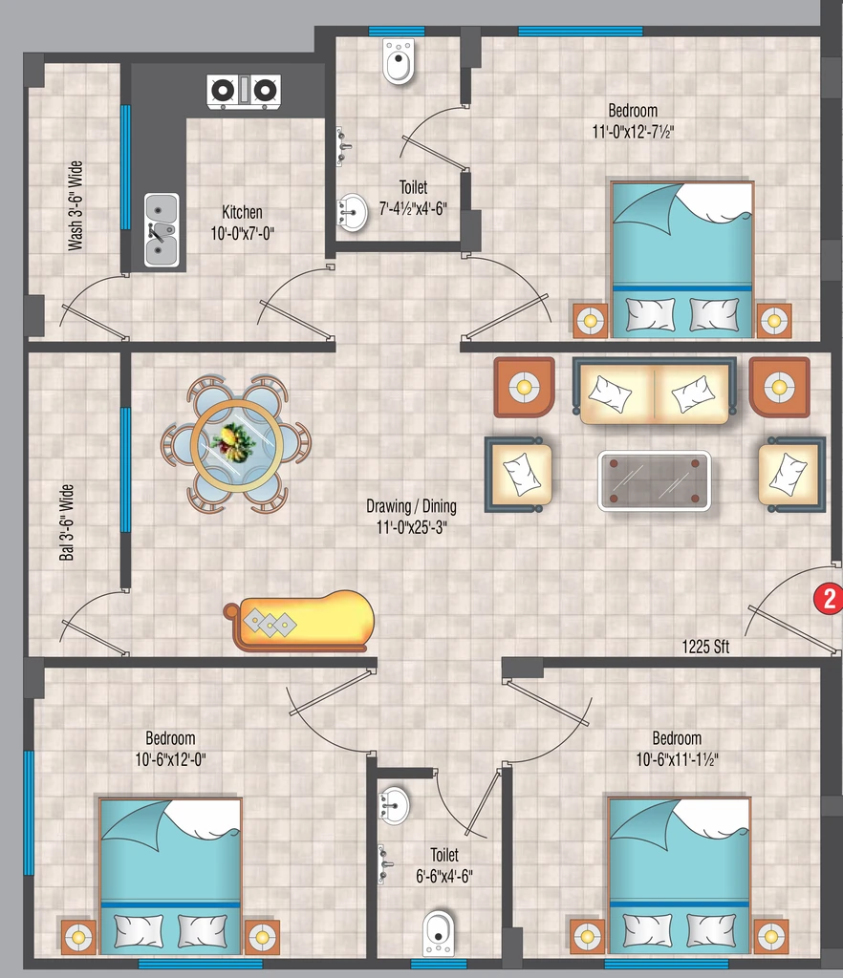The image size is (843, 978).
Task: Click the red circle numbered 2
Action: [828, 599]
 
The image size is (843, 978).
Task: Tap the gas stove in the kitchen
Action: [244, 91]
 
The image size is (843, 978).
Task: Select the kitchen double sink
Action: [162, 229]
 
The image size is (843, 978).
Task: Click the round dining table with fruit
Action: [236, 445]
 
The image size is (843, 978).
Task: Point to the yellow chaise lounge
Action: [299, 621]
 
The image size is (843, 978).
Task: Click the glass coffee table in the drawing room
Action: [655, 480]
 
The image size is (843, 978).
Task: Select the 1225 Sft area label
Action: [705, 647]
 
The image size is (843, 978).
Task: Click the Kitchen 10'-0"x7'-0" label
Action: [242, 223]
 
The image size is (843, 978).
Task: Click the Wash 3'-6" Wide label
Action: [75, 206]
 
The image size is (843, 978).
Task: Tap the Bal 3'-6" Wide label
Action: [66, 522]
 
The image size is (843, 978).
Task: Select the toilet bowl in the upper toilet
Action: [399, 61]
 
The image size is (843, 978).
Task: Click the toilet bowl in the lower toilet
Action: [439, 933]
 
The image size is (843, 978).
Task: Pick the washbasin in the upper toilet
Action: [353, 212]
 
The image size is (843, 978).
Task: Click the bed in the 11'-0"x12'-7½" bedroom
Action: [682, 260]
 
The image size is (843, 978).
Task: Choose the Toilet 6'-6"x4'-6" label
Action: [444, 865]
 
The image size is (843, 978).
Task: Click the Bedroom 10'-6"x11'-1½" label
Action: [677, 749]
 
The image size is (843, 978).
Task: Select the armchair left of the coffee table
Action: [519, 474]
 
